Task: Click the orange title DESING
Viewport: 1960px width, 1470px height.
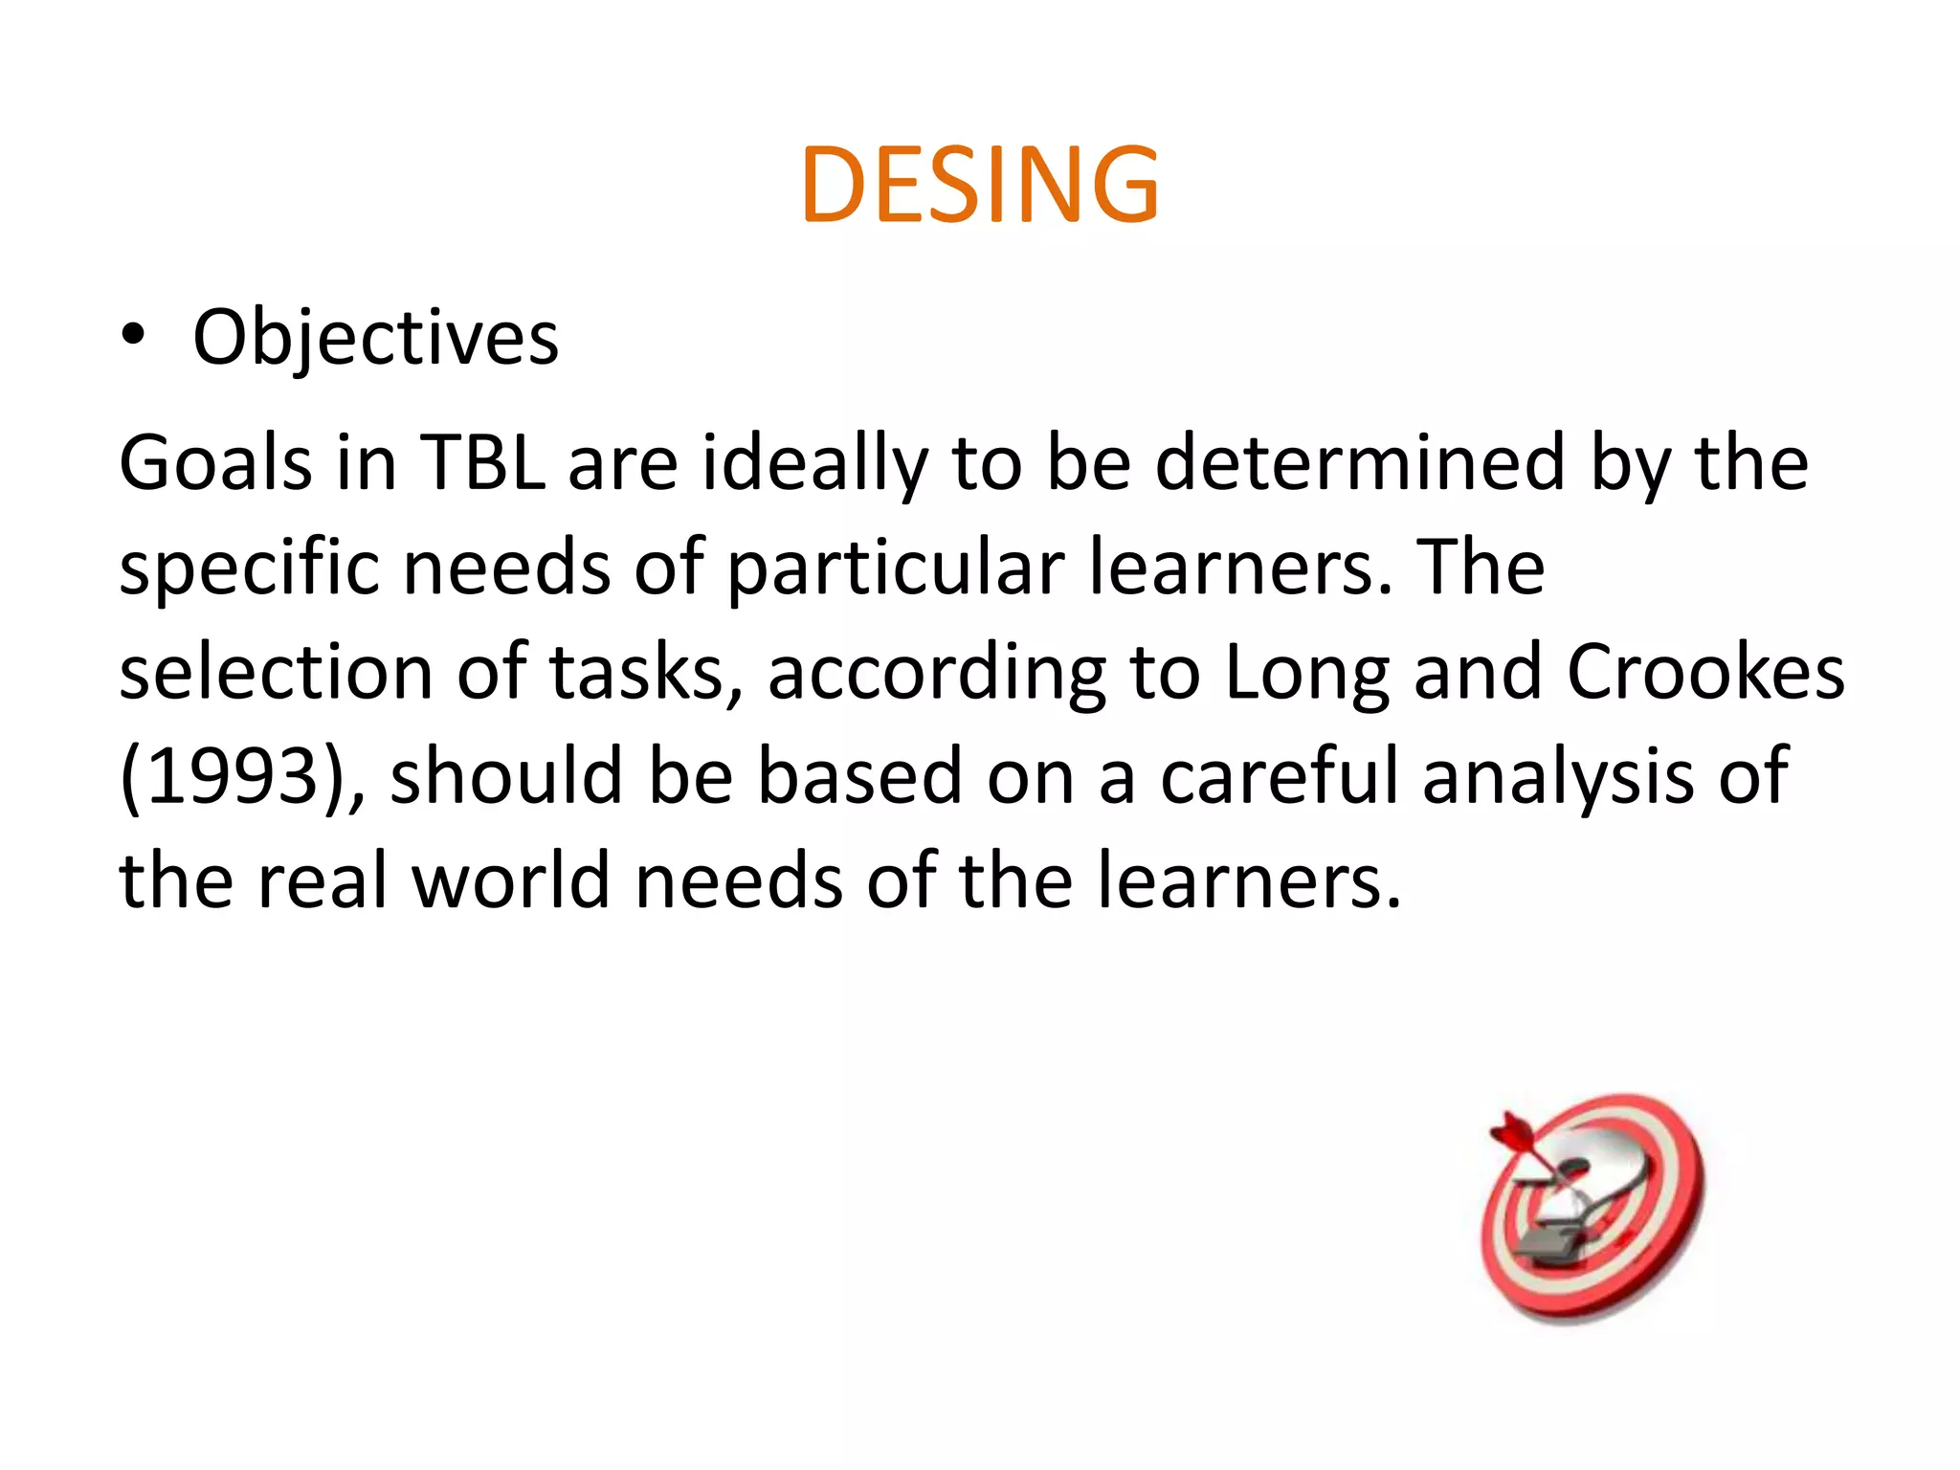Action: [980, 185]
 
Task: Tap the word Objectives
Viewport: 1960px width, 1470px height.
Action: [375, 339]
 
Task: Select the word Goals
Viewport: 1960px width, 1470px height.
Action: [215, 463]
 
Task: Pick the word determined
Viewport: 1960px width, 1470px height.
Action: [1360, 463]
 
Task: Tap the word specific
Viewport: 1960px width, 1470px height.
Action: [249, 568]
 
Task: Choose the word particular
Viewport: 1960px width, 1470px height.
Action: [896, 568]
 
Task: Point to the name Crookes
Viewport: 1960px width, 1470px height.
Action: [1705, 672]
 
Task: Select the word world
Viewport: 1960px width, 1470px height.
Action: [511, 880]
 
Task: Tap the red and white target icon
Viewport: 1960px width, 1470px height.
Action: [1593, 1208]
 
